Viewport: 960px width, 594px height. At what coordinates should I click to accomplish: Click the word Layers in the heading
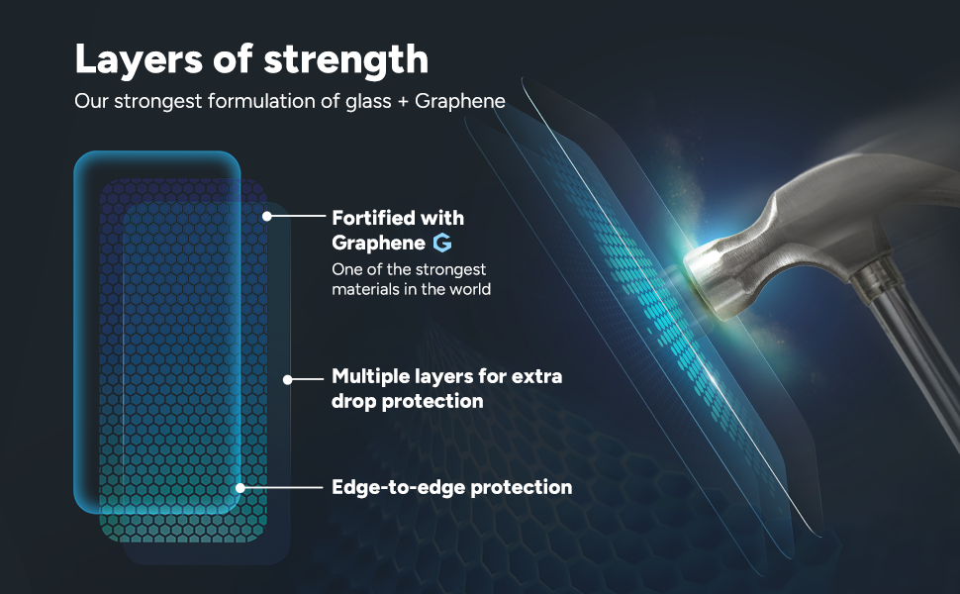pyautogui.click(x=139, y=60)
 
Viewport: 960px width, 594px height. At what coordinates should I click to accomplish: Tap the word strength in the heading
pyautogui.click(x=346, y=59)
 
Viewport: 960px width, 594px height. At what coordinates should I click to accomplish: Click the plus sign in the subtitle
pyautogui.click(x=402, y=102)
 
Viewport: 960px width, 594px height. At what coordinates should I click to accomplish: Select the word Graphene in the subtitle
pyautogui.click(x=460, y=101)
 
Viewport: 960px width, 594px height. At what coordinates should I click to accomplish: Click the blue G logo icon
pyautogui.click(x=442, y=243)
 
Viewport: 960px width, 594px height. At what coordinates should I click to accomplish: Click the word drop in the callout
pyautogui.click(x=354, y=401)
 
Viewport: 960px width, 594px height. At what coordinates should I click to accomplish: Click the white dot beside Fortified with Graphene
pyautogui.click(x=267, y=216)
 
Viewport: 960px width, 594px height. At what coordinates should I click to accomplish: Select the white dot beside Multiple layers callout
pyautogui.click(x=288, y=380)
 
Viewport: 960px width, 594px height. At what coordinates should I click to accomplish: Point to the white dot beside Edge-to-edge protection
pyautogui.click(x=240, y=488)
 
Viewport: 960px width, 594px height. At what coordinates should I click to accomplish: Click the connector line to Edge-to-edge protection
pyautogui.click(x=283, y=488)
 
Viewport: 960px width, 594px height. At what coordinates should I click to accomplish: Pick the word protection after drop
pyautogui.click(x=432, y=401)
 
